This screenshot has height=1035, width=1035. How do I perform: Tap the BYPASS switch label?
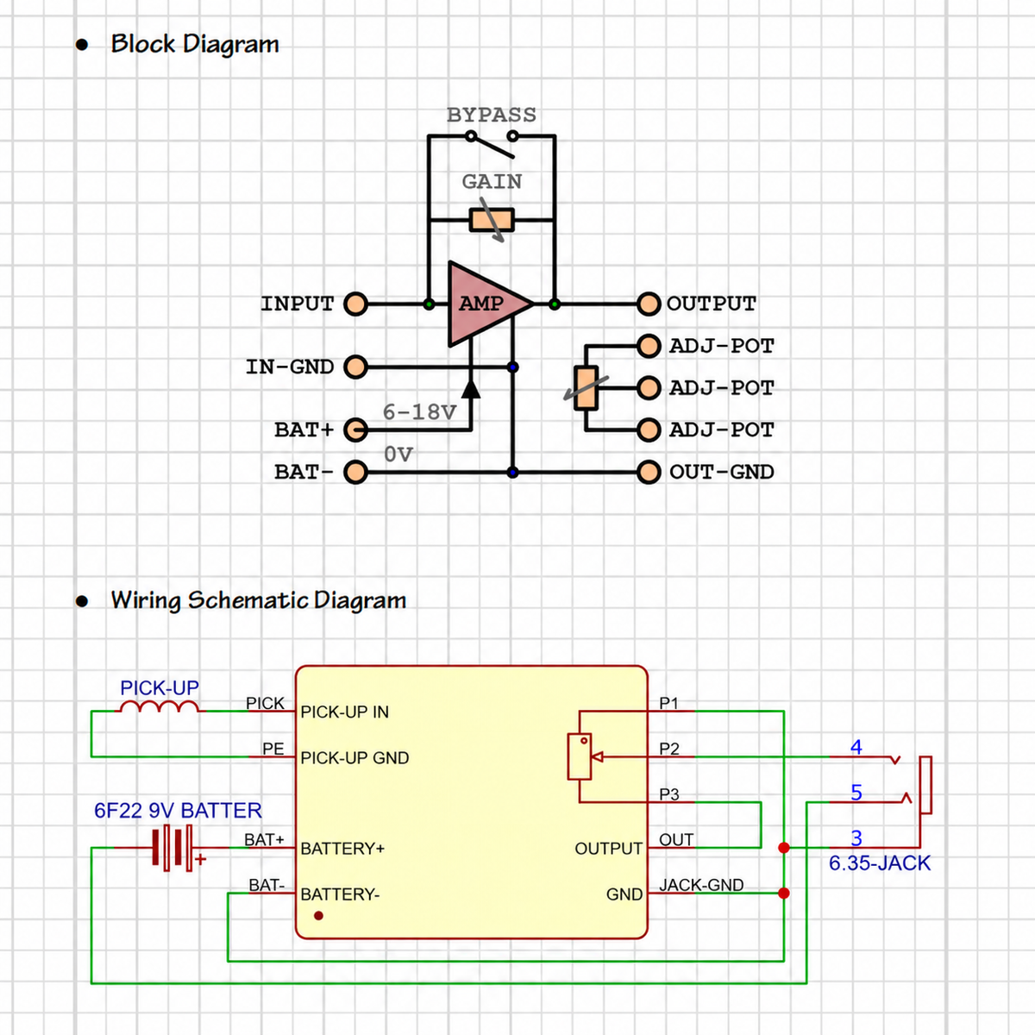(492, 115)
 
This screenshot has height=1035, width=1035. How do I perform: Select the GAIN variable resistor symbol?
(492, 220)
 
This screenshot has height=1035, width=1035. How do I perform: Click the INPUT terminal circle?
(355, 304)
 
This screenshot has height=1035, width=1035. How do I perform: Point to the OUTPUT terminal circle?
(649, 304)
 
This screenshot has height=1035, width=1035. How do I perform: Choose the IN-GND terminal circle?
(355, 367)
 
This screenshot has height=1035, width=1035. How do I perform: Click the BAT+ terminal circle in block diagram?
(355, 430)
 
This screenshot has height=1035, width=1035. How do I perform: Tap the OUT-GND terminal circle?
(649, 472)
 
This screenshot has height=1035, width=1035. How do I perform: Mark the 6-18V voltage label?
(419, 412)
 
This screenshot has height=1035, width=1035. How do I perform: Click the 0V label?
(398, 455)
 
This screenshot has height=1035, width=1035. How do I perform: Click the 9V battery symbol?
(173, 848)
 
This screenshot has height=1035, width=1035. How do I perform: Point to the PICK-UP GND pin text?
(354, 757)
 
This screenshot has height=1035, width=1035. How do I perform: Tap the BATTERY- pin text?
(340, 894)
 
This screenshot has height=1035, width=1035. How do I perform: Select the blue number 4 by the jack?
(856, 747)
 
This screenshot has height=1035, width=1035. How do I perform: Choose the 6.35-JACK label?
(879, 862)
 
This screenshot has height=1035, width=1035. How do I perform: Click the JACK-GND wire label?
(701, 885)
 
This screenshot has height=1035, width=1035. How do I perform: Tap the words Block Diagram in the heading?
(195, 44)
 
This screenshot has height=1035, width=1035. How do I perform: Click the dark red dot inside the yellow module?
(318, 915)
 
